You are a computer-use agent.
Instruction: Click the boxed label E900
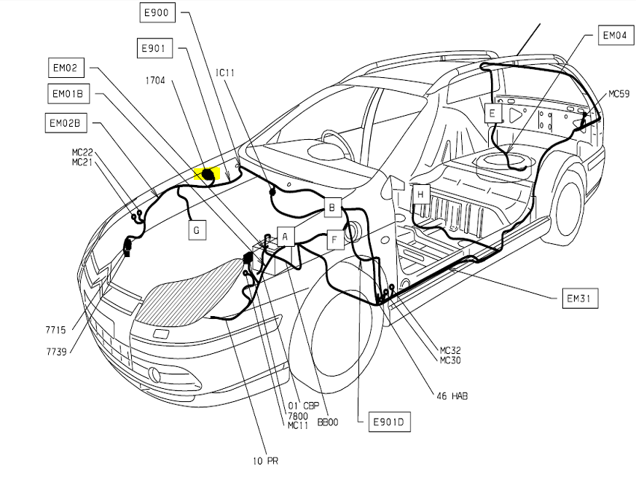click(157, 12)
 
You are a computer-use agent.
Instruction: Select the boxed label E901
click(154, 48)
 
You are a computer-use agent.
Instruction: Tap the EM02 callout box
click(66, 67)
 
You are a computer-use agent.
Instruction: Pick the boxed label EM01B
click(68, 94)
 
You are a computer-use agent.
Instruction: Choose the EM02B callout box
click(66, 123)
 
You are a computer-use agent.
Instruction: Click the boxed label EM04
click(616, 35)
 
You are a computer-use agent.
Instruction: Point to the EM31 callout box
click(580, 299)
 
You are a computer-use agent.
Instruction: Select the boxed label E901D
click(389, 422)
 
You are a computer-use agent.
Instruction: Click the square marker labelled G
click(197, 230)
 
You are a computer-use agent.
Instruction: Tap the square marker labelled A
click(286, 237)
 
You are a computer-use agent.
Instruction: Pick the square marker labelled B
click(332, 208)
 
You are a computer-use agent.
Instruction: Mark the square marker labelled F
click(335, 240)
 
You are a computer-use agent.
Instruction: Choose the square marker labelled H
click(420, 194)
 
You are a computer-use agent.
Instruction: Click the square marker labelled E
click(493, 113)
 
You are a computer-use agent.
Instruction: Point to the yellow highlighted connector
click(208, 174)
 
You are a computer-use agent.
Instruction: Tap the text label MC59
click(619, 94)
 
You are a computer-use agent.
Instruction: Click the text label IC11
click(225, 73)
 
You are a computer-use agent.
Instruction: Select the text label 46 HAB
click(452, 396)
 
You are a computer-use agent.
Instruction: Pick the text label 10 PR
click(266, 461)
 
